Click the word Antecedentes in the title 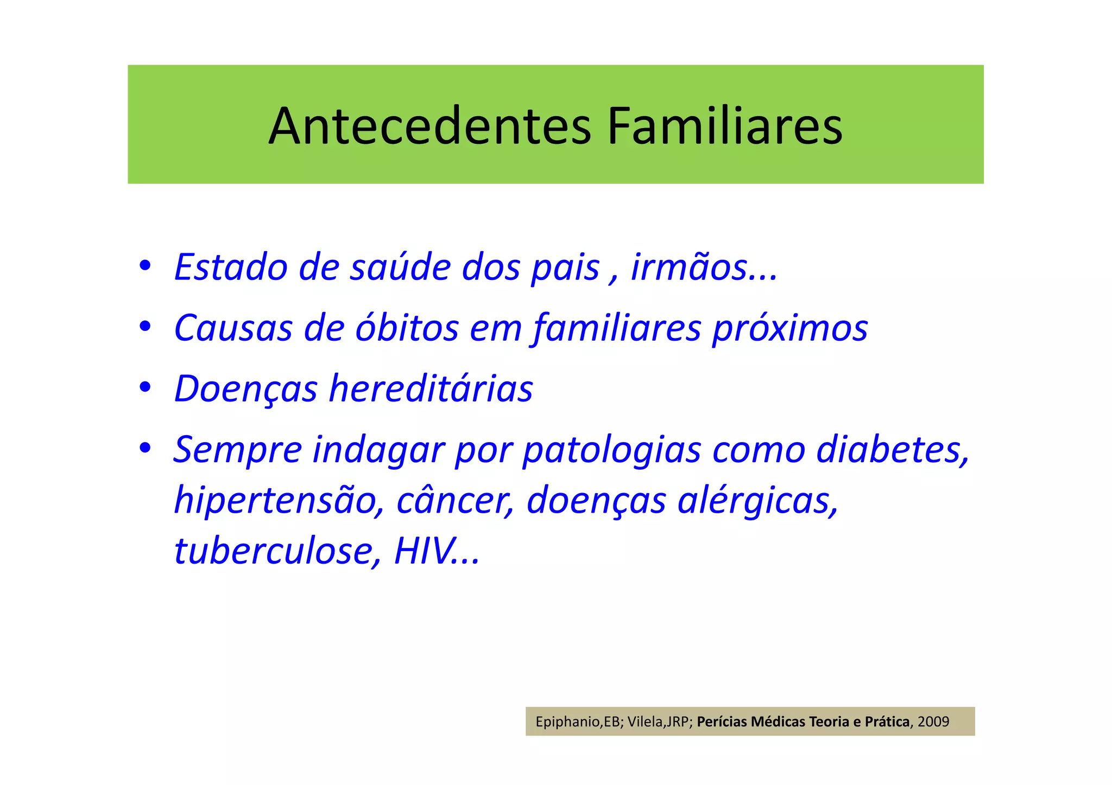tap(429, 126)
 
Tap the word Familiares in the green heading tap(724, 126)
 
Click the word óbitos tap(407, 328)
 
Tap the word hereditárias tap(431, 388)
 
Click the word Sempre tap(238, 450)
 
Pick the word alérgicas tap(757, 500)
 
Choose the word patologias tap(611, 450)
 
